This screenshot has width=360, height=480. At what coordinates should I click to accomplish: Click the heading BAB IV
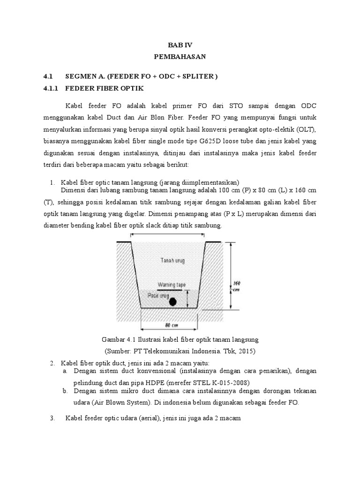tap(180, 45)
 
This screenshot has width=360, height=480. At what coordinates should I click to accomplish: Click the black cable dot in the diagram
tap(173, 301)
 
